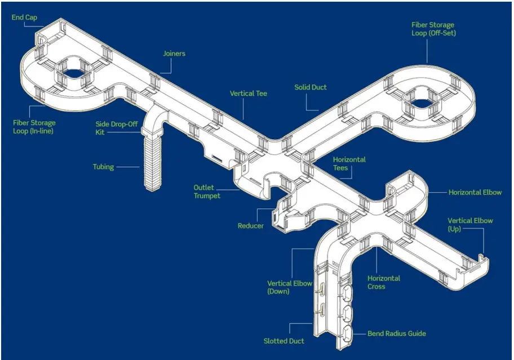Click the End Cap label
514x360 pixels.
[x=24, y=17]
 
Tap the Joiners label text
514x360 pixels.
[x=174, y=54]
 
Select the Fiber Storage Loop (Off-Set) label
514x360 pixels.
[x=432, y=29]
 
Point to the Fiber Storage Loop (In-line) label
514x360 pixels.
[x=34, y=127]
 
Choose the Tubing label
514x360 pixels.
[x=103, y=167]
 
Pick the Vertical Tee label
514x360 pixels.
[x=248, y=93]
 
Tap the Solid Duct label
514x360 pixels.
[x=311, y=87]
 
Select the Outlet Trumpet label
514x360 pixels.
[x=207, y=192]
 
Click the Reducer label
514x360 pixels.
[x=250, y=226]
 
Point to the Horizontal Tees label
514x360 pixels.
[x=349, y=164]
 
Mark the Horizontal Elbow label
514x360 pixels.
[x=475, y=192]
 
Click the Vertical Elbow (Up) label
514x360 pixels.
[x=470, y=225]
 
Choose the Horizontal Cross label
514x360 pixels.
[x=384, y=282]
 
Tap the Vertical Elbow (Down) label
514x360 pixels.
[x=289, y=287]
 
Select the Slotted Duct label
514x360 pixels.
[x=284, y=341]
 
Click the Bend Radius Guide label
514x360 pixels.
[x=396, y=334]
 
